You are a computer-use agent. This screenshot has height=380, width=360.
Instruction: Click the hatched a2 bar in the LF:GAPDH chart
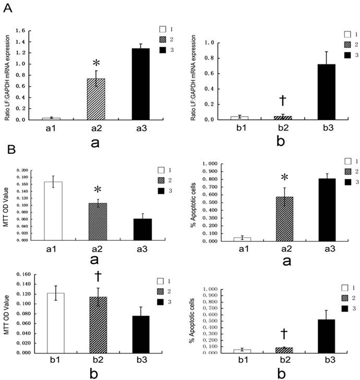(92, 99)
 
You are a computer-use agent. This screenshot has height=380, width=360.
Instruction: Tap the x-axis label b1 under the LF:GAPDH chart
(238, 126)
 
